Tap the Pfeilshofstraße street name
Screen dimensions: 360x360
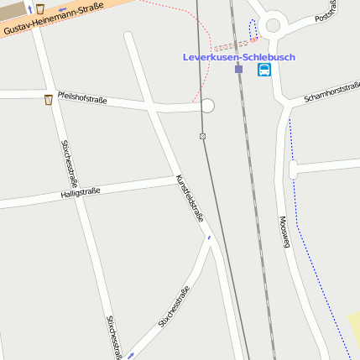[82, 98]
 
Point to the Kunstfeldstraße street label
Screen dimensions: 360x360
[190, 198]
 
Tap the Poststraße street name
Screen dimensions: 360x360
[326, 11]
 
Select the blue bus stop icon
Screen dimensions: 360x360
[264, 70]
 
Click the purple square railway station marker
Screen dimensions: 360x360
[239, 70]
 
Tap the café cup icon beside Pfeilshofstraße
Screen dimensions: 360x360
[49, 100]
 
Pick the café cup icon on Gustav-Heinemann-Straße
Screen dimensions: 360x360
[39, 8]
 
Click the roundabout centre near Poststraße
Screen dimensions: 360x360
[272, 25]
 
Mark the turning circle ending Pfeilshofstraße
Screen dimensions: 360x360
[207, 106]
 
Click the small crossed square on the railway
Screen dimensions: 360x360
[202, 136]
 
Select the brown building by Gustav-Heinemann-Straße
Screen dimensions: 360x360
[12, 11]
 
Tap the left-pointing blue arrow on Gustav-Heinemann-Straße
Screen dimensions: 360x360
[62, 10]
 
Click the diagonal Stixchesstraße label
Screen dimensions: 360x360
[173, 307]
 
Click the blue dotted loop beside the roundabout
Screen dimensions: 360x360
[253, 29]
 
